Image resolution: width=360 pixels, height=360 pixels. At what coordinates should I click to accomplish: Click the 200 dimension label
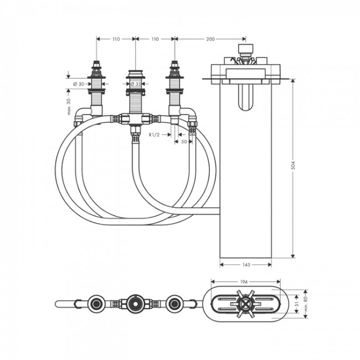pyautogui.click(x=210, y=39)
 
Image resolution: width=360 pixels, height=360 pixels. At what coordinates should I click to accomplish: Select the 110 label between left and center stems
pyautogui.click(x=116, y=39)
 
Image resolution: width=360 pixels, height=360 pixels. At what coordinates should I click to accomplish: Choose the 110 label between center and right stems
pyautogui.click(x=155, y=39)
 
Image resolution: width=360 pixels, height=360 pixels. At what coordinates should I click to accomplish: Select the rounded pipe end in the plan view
pyautogui.click(x=59, y=304)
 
